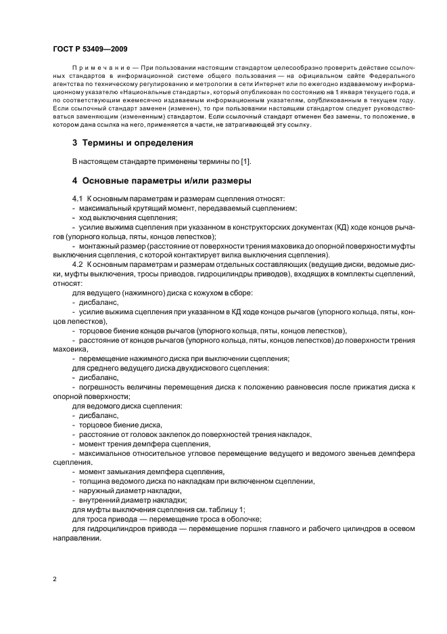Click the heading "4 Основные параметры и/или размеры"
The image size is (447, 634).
(162, 181)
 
